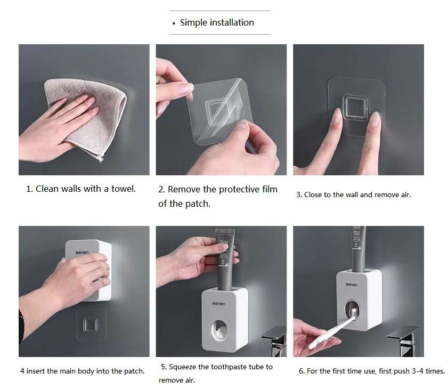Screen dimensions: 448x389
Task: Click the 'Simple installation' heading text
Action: tap(217, 22)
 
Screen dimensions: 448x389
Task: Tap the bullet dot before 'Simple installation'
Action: tap(174, 23)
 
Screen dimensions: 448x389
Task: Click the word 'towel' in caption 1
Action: tap(123, 189)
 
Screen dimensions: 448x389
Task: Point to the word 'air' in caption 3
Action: tap(406, 195)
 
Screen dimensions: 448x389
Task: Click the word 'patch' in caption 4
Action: tap(134, 371)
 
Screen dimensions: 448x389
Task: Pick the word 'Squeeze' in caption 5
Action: tap(182, 367)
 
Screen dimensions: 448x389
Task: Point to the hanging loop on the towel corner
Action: tap(101, 158)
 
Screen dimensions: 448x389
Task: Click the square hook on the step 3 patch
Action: tap(355, 107)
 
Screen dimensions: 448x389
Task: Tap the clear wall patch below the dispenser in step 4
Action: tap(91, 325)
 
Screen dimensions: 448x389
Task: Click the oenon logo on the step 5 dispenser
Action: tap(218, 304)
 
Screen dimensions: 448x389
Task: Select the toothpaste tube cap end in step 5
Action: tap(225, 231)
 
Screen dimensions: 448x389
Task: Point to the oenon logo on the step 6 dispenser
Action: tap(352, 285)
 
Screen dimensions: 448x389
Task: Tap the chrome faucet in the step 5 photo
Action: tap(275, 342)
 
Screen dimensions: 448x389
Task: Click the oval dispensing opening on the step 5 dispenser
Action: tap(219, 331)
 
